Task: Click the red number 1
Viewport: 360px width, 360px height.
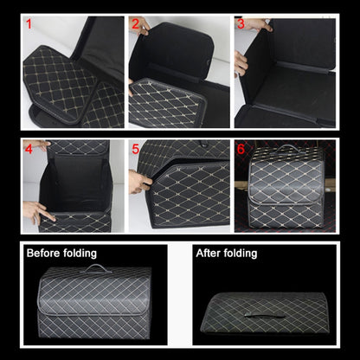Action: [x=29, y=24]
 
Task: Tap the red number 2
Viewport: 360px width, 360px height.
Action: [x=136, y=24]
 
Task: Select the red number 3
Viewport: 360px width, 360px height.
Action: [x=241, y=24]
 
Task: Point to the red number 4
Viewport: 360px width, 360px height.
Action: [x=29, y=148]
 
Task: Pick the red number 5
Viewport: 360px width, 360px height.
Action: [x=136, y=149]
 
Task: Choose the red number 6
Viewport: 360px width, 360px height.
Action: [x=241, y=149]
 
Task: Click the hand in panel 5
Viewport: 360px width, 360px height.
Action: [x=138, y=182]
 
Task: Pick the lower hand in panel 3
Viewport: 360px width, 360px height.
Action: [x=241, y=62]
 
